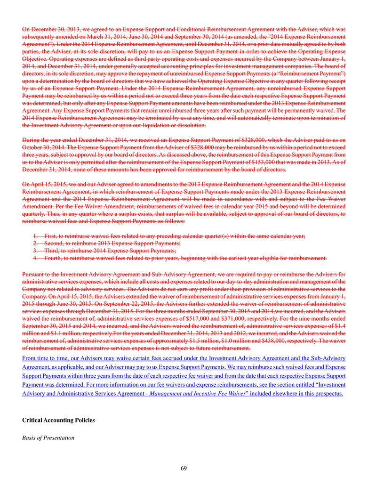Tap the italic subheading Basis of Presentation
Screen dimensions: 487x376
click(48, 438)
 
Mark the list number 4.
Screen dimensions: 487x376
click(35, 258)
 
